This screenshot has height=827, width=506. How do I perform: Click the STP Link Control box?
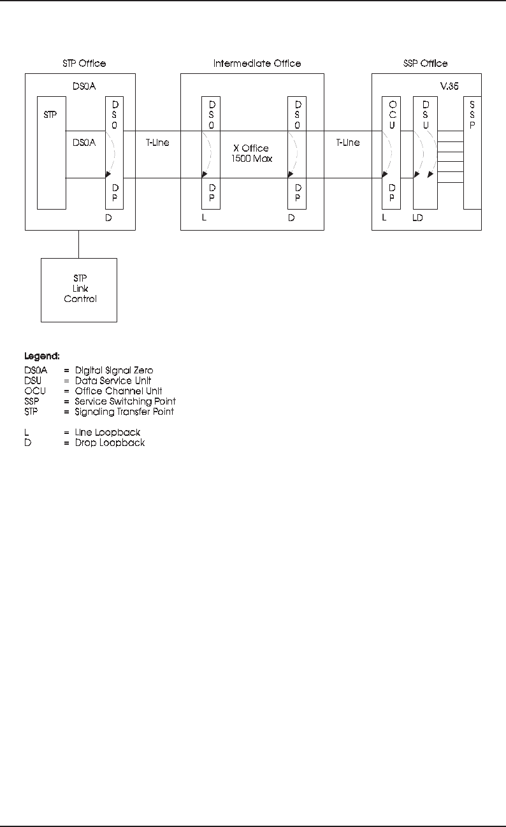click(79, 290)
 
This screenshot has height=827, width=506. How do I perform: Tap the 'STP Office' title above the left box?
click(84, 64)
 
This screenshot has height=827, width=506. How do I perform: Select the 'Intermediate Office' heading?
click(257, 64)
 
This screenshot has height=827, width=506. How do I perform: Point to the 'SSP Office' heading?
click(426, 64)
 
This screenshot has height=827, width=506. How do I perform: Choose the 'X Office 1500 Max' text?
click(251, 153)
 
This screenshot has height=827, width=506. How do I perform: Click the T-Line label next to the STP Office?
click(154, 143)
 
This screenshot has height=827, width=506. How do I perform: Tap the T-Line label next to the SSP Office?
click(348, 143)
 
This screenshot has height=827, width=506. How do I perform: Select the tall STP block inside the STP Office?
click(52, 153)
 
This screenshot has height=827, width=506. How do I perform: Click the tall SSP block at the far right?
click(472, 153)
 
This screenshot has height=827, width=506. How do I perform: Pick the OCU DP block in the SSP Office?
click(391, 153)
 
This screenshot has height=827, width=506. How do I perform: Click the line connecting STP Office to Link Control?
click(79, 244)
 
